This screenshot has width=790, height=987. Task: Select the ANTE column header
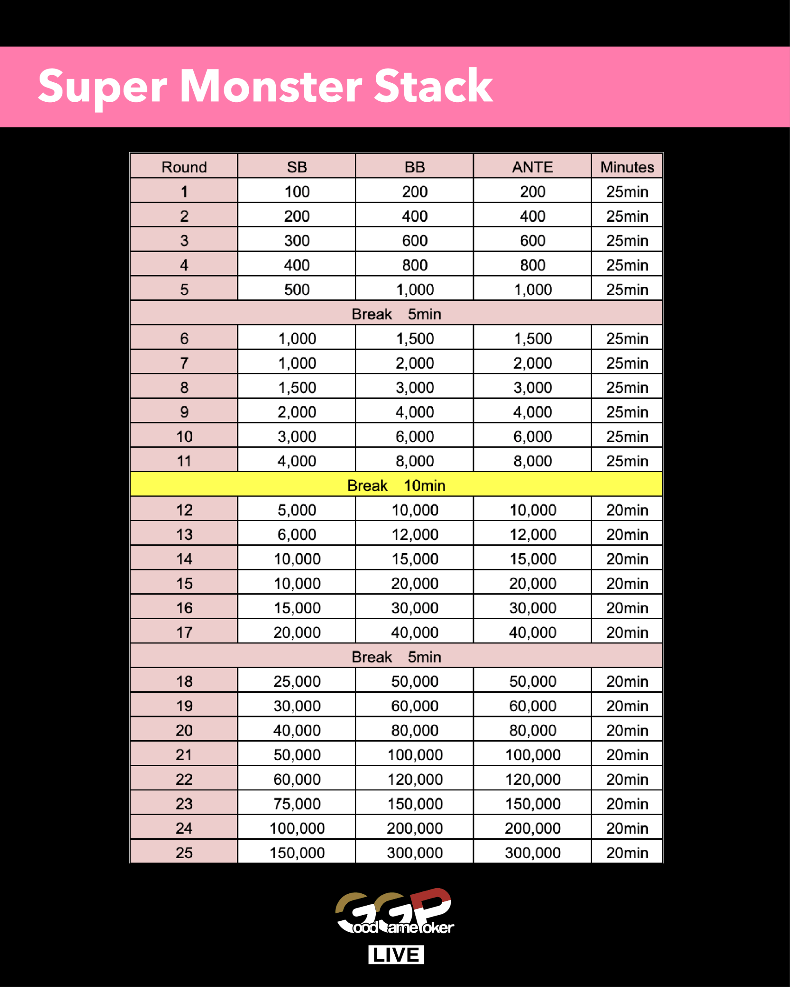pos(532,167)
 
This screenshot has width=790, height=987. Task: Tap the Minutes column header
pos(627,167)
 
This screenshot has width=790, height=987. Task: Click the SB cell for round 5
pos(297,289)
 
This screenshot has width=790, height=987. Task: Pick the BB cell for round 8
pos(414,387)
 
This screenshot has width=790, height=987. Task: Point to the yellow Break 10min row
pos(396,485)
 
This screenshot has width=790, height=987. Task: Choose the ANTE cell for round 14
pos(532,559)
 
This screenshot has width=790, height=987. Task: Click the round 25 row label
pos(184,853)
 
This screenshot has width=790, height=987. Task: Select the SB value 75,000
pos(297,804)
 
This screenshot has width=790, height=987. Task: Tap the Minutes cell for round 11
pos(627,461)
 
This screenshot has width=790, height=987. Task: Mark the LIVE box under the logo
pos(396,955)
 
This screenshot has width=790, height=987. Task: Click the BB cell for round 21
pos(414,755)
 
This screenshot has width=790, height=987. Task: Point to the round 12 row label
pos(184,510)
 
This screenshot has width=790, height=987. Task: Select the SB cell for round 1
pos(297,191)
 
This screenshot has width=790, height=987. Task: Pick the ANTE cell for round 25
pos(532,853)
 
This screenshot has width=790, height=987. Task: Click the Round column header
pos(184,167)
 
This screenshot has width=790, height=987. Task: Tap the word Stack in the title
pos(433,86)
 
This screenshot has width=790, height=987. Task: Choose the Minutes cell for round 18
pos(627,681)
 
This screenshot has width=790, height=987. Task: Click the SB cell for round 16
pos(297,608)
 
